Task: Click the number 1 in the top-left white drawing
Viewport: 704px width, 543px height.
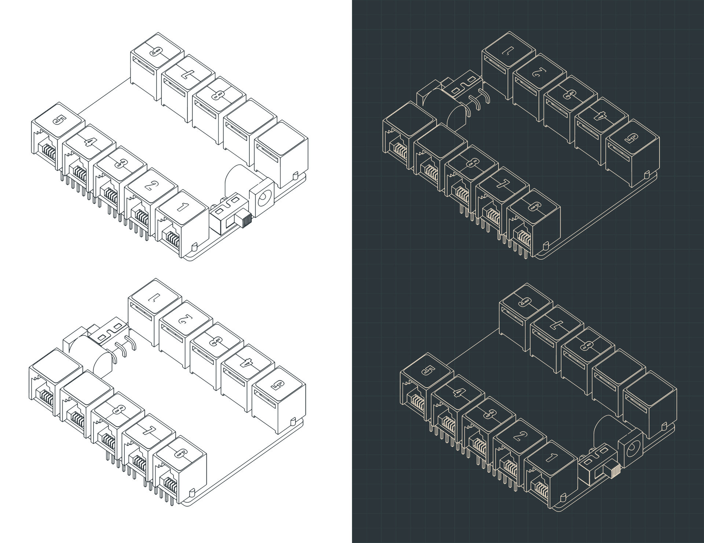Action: [182, 207]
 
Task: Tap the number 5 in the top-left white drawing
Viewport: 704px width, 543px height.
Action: [58, 120]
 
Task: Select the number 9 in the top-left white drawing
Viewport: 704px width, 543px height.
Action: [157, 51]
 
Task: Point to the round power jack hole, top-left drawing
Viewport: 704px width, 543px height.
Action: [264, 200]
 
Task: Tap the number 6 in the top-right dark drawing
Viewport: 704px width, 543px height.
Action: [533, 206]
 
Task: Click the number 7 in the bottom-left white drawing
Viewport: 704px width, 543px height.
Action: [148, 431]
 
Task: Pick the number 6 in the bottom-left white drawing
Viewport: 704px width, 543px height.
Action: [180, 453]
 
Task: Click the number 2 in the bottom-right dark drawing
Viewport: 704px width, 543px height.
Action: [518, 437]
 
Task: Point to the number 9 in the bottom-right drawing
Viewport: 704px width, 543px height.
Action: [526, 302]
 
